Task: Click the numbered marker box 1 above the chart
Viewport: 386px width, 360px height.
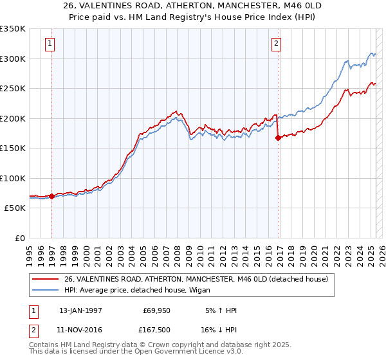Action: [x=50, y=44]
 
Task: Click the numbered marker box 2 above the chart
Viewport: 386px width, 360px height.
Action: [x=276, y=44]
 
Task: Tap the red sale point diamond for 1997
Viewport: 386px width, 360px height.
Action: [x=51, y=196]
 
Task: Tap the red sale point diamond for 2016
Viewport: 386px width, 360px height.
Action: [x=278, y=138]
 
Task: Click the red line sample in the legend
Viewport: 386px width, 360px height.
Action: [x=46, y=279]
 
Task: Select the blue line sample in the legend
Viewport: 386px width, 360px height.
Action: [x=46, y=290]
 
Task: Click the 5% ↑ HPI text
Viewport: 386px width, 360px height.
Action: [x=221, y=310]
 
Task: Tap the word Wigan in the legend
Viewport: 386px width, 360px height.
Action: [x=190, y=290]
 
